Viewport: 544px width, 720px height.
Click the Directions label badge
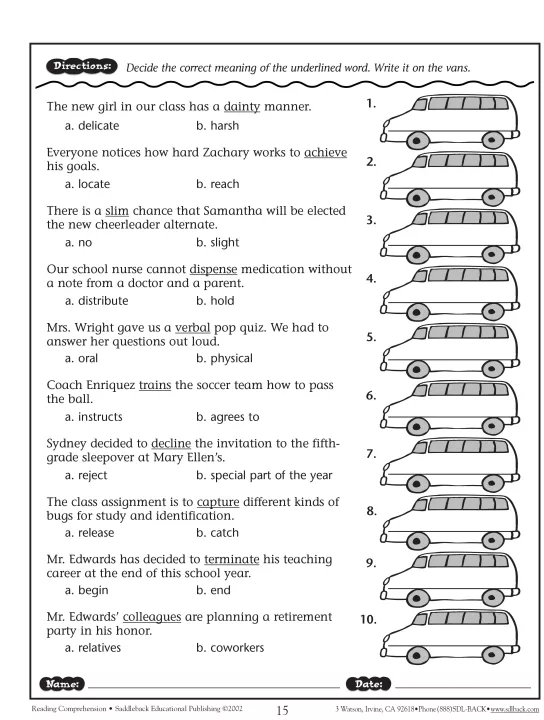pyautogui.click(x=82, y=66)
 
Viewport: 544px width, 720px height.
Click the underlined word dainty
pyautogui.click(x=241, y=107)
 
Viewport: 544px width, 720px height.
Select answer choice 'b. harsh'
pyautogui.click(x=218, y=125)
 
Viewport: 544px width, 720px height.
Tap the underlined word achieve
pyautogui.click(x=325, y=152)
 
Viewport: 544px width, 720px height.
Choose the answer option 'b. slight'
pyautogui.click(x=218, y=242)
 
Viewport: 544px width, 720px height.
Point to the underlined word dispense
pyautogui.click(x=213, y=270)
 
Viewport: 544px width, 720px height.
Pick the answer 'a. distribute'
pyautogui.click(x=96, y=301)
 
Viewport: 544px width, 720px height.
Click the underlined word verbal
pyautogui.click(x=193, y=327)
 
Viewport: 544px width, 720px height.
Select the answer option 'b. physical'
pyautogui.click(x=224, y=359)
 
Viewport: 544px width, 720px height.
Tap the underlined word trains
pyautogui.click(x=155, y=385)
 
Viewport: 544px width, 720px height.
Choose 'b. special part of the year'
pyautogui.click(x=264, y=475)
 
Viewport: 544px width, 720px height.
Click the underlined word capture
pyautogui.click(x=218, y=502)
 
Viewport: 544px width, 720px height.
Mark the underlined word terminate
pyautogui.click(x=232, y=559)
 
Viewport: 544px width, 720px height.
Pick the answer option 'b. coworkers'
pyautogui.click(x=230, y=648)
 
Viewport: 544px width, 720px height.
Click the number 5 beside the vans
pyautogui.click(x=371, y=338)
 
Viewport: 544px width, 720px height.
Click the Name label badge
pyautogui.click(x=62, y=684)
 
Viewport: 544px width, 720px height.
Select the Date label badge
pyautogui.click(x=368, y=684)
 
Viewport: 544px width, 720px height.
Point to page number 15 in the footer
pyautogui.click(x=282, y=710)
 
